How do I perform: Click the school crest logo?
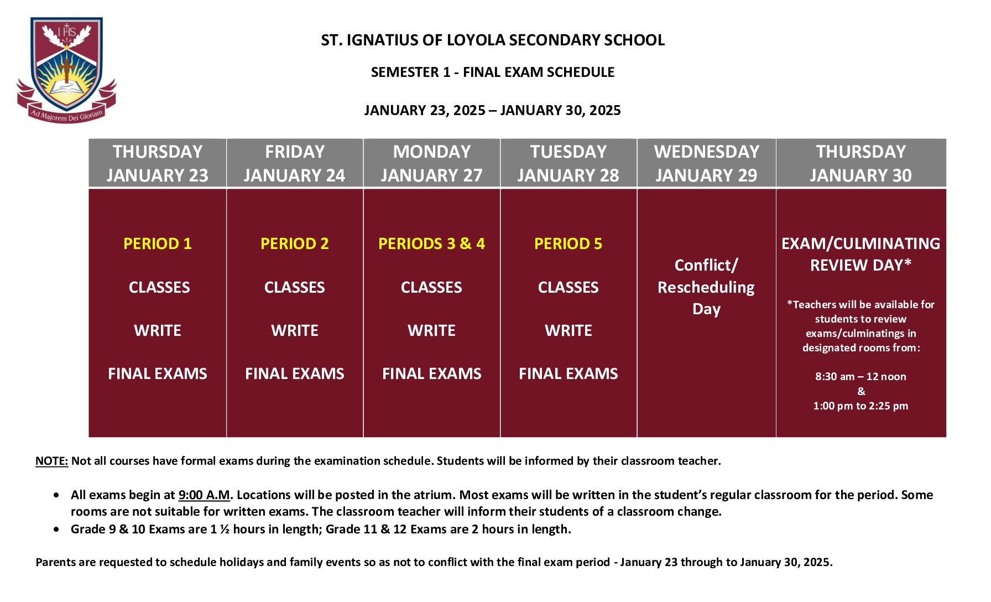point(66,70)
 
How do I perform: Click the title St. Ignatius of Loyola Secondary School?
point(493,40)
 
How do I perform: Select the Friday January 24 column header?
point(295,163)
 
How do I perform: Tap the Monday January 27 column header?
point(432,163)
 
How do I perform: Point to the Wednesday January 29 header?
point(706,163)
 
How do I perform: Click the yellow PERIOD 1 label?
point(158,244)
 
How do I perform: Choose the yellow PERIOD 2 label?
point(295,244)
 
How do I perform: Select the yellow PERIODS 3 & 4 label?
point(432,244)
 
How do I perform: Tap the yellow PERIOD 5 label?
point(568,244)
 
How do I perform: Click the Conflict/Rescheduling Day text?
point(706,287)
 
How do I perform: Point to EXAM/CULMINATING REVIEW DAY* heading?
point(861,255)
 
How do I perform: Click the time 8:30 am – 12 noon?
point(861,377)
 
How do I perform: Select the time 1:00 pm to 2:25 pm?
point(861,406)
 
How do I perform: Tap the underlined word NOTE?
point(52,461)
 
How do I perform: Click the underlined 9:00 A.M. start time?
point(204,495)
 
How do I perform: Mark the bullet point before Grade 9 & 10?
point(56,530)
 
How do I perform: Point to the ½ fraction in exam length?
point(224,530)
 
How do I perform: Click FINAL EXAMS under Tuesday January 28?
point(568,374)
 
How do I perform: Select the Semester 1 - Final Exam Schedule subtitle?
point(493,72)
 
